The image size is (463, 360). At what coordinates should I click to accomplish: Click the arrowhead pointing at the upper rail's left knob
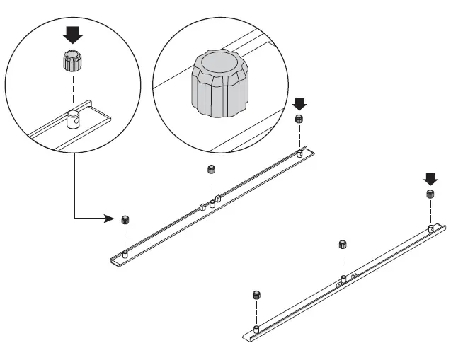(113, 218)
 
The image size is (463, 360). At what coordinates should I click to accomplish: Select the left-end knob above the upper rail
(125, 219)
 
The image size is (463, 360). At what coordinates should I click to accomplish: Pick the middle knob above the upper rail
(211, 169)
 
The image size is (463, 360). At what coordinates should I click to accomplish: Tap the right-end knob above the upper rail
(299, 119)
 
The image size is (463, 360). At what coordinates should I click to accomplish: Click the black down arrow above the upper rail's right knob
(299, 104)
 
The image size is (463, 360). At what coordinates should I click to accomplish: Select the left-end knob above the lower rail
(256, 295)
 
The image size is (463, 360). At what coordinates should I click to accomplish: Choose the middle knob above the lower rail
(343, 245)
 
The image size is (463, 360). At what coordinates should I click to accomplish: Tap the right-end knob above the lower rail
(430, 194)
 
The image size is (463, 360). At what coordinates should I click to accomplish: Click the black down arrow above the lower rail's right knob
(430, 178)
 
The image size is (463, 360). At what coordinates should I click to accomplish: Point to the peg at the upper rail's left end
(125, 252)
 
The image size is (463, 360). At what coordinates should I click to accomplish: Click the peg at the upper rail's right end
(299, 151)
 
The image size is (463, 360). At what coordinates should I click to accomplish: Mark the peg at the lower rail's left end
(256, 329)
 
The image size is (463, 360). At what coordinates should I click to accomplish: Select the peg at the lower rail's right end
(430, 228)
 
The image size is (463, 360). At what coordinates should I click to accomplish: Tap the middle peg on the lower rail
(343, 278)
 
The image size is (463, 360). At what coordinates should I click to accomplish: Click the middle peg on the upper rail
(211, 203)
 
